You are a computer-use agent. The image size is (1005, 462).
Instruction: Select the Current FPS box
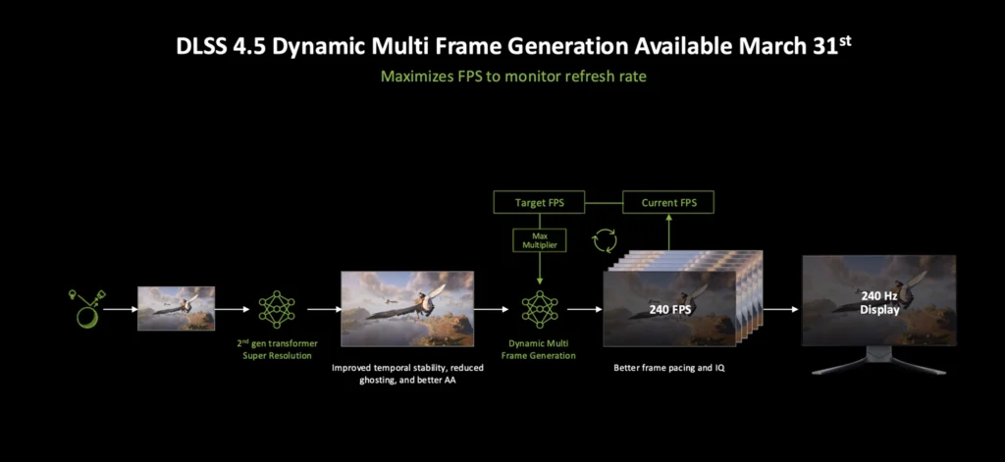[667, 203]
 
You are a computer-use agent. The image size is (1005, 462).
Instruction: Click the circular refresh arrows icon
[605, 242]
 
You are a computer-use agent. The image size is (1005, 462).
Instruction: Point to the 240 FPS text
[672, 309]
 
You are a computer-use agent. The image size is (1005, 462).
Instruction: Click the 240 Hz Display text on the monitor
[879, 302]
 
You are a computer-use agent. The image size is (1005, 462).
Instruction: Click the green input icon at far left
[85, 308]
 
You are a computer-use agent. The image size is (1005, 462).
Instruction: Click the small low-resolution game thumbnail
[176, 308]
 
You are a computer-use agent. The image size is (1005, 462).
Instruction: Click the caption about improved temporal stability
[406, 375]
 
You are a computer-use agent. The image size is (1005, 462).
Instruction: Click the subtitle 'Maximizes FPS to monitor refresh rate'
[502, 76]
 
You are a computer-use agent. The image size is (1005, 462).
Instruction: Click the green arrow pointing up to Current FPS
[667, 231]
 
